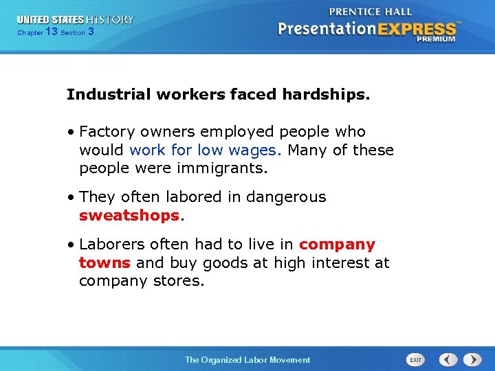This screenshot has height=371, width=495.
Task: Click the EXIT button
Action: (415, 359)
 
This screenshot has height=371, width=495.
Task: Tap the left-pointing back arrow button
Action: (448, 359)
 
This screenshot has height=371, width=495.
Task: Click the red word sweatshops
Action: (129, 215)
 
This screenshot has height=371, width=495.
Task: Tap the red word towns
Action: (105, 262)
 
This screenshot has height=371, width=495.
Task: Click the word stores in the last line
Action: (181, 280)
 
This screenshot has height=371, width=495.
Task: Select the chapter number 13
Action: (51, 32)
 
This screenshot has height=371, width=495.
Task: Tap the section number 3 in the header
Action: (91, 32)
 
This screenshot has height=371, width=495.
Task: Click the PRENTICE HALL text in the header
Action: (371, 12)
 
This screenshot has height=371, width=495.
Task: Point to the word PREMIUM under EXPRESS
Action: (434, 39)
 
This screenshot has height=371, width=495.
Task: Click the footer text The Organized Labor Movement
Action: (247, 359)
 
